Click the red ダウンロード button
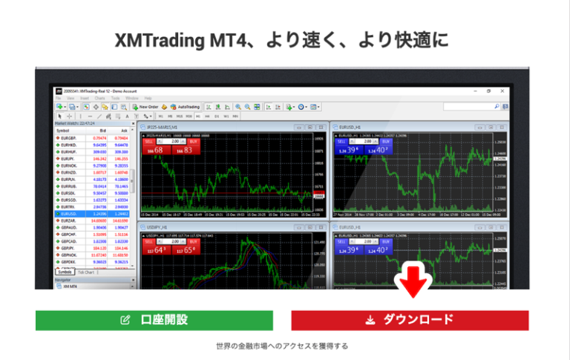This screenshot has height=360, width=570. [x=409, y=320]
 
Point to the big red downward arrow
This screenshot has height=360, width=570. [x=409, y=287]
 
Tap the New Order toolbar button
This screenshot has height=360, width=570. [x=146, y=107]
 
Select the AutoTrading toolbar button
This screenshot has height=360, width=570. [x=185, y=107]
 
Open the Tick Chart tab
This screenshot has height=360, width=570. [x=85, y=272]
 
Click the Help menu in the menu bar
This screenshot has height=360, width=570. [x=148, y=98]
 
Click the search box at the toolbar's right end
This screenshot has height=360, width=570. [x=464, y=107]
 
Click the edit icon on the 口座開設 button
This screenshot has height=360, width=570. [x=125, y=321]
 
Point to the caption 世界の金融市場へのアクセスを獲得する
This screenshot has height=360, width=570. [x=282, y=346]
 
